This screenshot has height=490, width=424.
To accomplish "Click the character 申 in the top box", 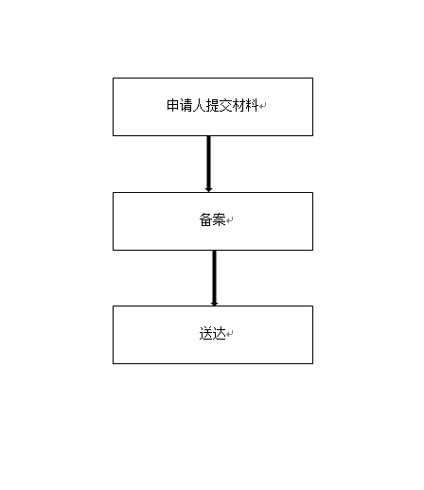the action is coord(173,105).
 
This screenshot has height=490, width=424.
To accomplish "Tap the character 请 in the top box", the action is coord(186,105).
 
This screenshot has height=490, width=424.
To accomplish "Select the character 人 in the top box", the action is coord(199,105).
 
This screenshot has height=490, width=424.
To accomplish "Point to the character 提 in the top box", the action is coord(212,105).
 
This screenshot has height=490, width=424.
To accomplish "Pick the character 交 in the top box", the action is coord(225,105).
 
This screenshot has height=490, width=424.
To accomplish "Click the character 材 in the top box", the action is coord(238,105).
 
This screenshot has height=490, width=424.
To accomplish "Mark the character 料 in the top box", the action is coord(252,105).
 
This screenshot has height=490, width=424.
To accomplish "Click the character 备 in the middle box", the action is coord(205,219).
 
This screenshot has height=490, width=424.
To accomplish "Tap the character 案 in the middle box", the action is coord(219,219).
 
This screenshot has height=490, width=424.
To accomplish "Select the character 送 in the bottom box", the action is coord(205,333).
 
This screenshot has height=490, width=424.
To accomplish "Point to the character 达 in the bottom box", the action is coord(219,333).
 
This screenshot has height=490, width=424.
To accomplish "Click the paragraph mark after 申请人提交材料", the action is coord(263,106).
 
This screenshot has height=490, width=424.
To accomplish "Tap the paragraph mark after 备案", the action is coord(230,220).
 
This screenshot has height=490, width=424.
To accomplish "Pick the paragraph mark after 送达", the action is coord(230,334).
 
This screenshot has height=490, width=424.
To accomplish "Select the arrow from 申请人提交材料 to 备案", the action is coord(208,164).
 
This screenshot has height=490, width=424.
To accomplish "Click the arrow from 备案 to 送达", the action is coord(214,278).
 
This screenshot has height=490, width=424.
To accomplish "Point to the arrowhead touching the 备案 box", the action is coord(208,189).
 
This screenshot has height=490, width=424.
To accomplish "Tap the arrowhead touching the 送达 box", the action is coord(214,304).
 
